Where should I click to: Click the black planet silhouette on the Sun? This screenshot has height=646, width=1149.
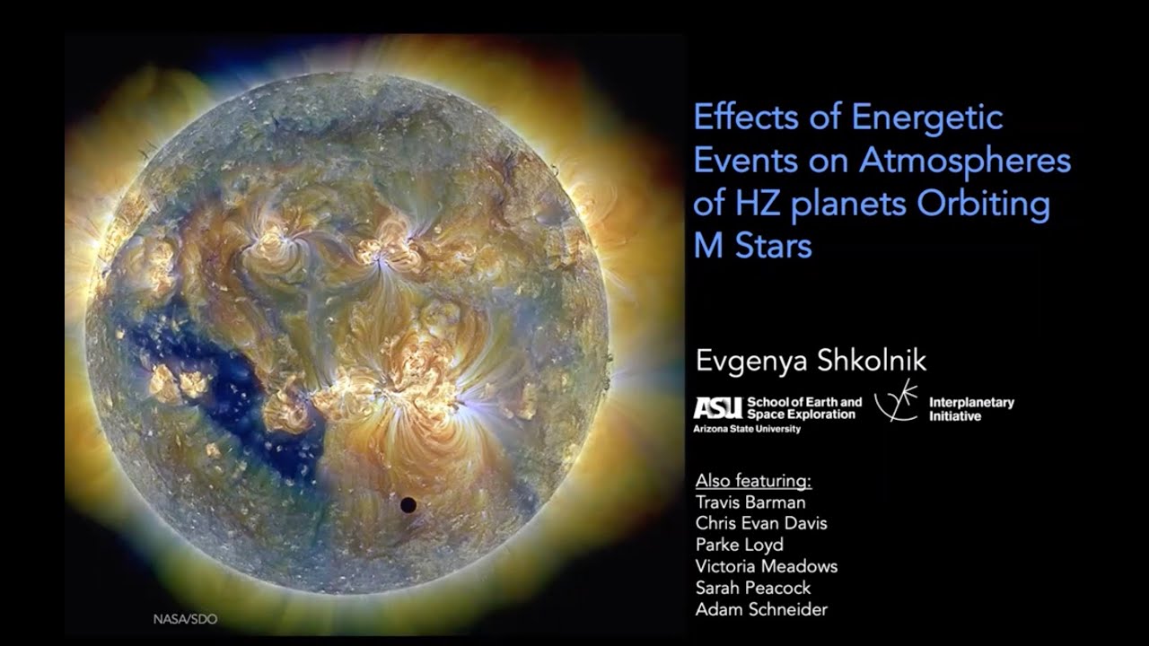click(x=408, y=505)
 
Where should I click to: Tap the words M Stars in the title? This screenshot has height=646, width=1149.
click(x=753, y=246)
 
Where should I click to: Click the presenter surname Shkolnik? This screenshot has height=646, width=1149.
click(x=870, y=361)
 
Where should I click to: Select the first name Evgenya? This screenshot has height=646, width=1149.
click(x=750, y=361)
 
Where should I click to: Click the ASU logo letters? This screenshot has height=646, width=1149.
click(x=717, y=409)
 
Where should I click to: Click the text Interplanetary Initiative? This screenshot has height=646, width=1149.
click(x=971, y=409)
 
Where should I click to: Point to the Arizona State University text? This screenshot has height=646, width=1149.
click(x=748, y=430)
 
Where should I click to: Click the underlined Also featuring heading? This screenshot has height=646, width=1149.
click(x=752, y=481)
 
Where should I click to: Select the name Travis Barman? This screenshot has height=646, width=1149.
click(x=750, y=502)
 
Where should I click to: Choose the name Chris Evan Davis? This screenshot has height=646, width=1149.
click(x=761, y=524)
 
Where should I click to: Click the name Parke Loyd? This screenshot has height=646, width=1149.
click(x=739, y=546)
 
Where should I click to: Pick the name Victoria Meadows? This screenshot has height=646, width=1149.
click(x=766, y=567)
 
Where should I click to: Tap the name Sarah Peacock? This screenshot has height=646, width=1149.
click(x=752, y=589)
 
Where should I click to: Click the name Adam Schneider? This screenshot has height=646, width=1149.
click(x=761, y=610)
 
